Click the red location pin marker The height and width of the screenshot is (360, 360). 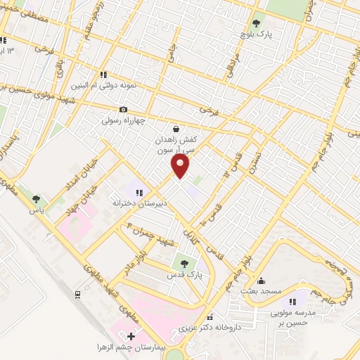click(x=181, y=166)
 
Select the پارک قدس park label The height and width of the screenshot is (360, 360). click(x=185, y=276)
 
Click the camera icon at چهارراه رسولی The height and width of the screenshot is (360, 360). click(x=124, y=109)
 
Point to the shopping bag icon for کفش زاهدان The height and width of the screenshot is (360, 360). click(x=175, y=129)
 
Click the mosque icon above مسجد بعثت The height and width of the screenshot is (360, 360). click(x=261, y=280)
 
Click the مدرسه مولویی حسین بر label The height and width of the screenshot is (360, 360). click(x=292, y=317)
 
